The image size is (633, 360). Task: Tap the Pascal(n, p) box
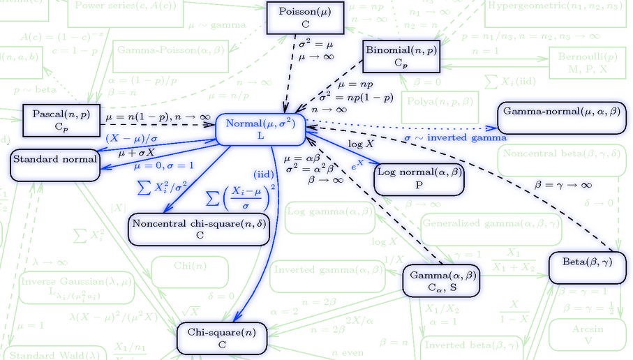pyautogui.click(x=58, y=121)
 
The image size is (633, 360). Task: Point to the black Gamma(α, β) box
pyautogui.click(x=442, y=282)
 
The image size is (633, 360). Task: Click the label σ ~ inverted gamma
pyautogui.click(x=456, y=138)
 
